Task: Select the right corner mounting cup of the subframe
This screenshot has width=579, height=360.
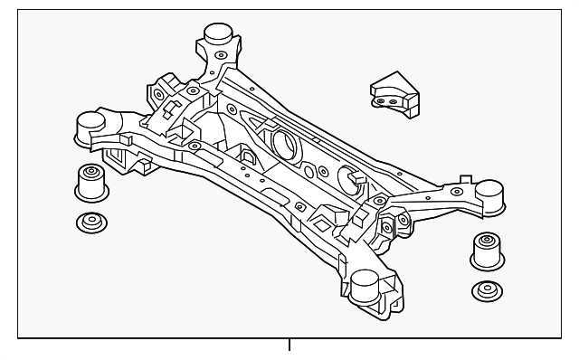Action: pos(489,193)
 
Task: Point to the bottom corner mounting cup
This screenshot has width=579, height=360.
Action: pos(365,288)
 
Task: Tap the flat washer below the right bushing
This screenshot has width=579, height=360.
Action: pos(485,291)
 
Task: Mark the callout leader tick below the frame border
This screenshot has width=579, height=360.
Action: pos(289,345)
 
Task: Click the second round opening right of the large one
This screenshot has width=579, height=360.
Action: pos(348,176)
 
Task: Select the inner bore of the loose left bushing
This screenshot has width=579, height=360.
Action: pos(90,169)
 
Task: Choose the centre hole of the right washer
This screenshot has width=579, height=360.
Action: pos(485,290)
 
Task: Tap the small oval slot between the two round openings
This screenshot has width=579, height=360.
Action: pos(310,170)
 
